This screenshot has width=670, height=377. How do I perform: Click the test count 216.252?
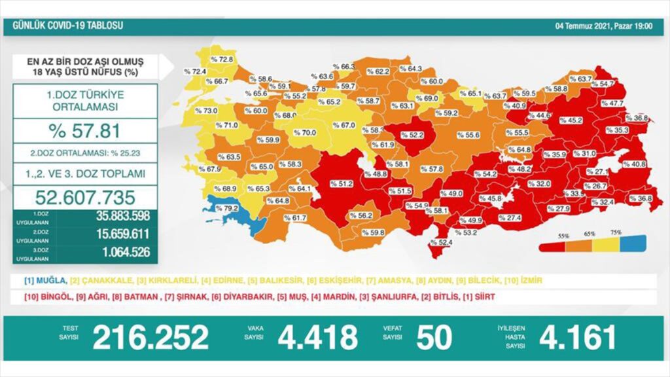click(x=150, y=338)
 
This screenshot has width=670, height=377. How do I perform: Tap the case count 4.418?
click(x=318, y=338)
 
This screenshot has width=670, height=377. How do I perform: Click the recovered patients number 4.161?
click(x=577, y=338)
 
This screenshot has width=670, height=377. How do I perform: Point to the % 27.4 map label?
click(x=510, y=218)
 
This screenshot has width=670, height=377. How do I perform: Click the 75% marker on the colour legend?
click(x=616, y=233)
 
